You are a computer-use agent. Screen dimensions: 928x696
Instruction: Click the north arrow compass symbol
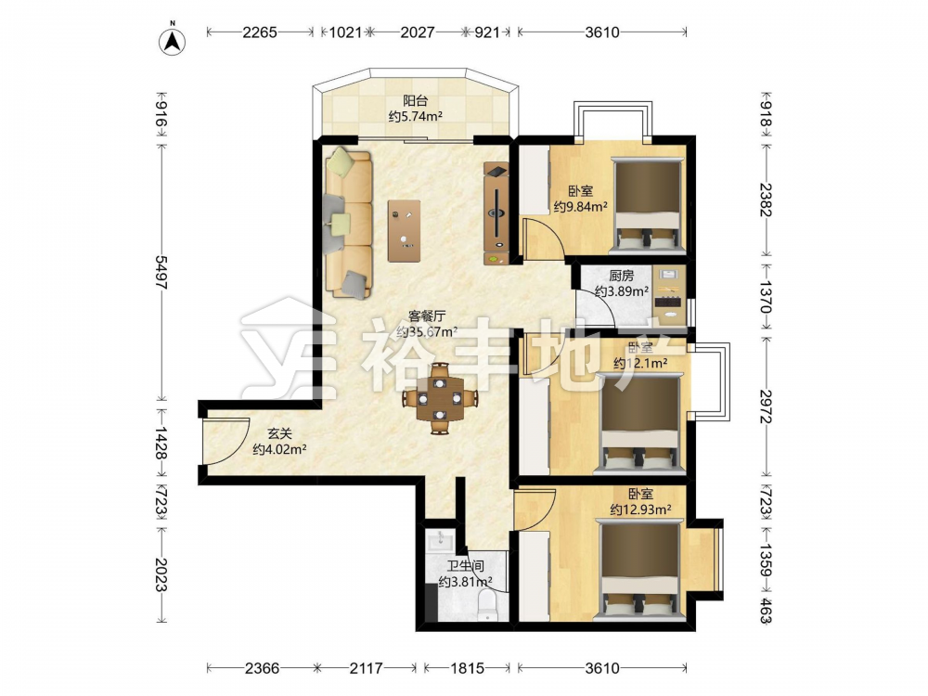[x=173, y=40]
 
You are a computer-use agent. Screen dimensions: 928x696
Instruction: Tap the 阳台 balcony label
[x=415, y=100]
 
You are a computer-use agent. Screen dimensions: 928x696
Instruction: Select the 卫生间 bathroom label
[x=465, y=566]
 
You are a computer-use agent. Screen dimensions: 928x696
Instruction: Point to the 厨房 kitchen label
[x=622, y=276]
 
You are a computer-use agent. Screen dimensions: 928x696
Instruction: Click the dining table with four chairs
[x=439, y=398]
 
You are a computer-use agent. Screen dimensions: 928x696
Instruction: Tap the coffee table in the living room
[x=405, y=230]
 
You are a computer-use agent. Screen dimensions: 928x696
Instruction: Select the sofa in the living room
[x=348, y=223]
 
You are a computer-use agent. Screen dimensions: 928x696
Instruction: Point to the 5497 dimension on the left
[x=161, y=272]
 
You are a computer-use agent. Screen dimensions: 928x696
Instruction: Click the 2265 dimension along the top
[x=259, y=32]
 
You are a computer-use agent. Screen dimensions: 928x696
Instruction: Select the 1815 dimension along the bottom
[x=467, y=668]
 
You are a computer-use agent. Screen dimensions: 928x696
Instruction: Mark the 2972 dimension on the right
[x=766, y=406]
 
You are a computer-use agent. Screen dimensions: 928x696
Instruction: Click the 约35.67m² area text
[x=427, y=331]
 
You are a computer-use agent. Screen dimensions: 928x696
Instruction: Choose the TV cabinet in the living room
[x=496, y=213]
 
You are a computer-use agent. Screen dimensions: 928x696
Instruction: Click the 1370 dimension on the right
[x=766, y=297]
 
